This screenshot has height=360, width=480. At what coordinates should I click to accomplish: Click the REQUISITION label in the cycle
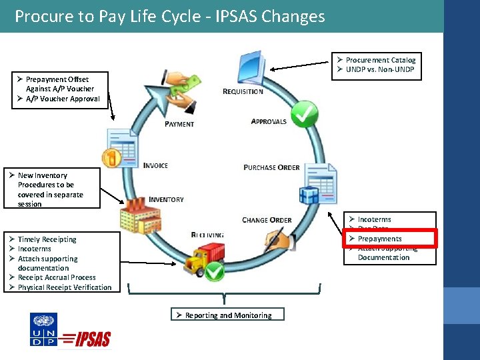[x=243, y=91]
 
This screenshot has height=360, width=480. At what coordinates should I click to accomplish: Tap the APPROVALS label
[x=269, y=121]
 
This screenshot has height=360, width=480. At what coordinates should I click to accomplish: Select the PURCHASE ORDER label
[x=271, y=167]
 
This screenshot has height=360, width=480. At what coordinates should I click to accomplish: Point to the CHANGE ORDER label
[x=267, y=220]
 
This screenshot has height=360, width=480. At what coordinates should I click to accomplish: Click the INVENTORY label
[x=166, y=199]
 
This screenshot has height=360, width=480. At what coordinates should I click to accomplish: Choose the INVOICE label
[x=155, y=165]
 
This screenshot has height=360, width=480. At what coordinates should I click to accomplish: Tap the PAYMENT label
[x=179, y=124]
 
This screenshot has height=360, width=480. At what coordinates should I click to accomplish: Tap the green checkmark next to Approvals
[x=303, y=115]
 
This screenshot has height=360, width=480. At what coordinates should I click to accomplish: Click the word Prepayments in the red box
[x=379, y=239]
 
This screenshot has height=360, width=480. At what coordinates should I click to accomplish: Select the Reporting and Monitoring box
[x=225, y=315]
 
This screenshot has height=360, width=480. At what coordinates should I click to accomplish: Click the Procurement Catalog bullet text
[x=380, y=60]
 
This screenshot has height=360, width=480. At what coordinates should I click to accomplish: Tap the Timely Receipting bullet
[x=47, y=239]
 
